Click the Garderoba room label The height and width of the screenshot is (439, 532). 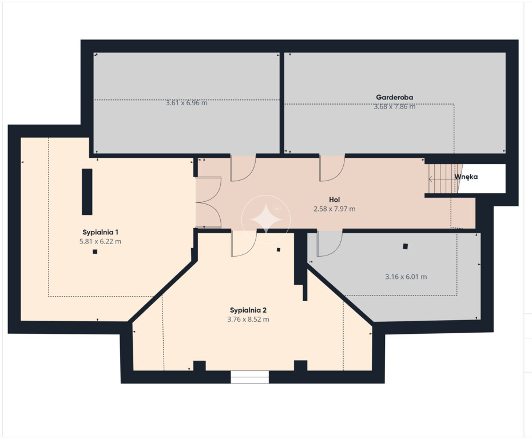tap(394, 97)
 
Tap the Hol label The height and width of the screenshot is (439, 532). tap(334, 199)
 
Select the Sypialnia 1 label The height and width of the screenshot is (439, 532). tap(101, 233)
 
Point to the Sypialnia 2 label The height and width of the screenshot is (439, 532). tap(248, 310)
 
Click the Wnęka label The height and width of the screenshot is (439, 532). tap(466, 177)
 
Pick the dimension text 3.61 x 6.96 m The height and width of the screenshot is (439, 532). tap(186, 103)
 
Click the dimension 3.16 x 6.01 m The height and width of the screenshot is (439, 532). tap(406, 277)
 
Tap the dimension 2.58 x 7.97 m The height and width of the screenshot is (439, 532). tap(334, 209)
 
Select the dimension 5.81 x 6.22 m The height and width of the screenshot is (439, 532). tap(100, 241)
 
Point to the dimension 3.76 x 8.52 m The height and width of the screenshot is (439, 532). tap(248, 320)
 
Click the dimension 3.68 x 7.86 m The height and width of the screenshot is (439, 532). tap(394, 106)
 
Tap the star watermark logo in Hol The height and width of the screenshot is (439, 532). tap(266, 219)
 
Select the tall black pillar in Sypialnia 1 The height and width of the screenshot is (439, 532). tap(87, 191)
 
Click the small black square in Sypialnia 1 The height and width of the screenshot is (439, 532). tap(95, 252)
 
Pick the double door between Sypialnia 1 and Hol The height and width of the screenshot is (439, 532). tap(208, 202)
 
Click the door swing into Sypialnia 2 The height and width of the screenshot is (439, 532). tap(244, 243)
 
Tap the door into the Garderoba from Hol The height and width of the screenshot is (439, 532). tap(332, 168)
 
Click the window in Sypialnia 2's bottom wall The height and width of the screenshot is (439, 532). tap(250, 377)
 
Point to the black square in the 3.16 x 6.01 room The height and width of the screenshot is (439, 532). tap(405, 246)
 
